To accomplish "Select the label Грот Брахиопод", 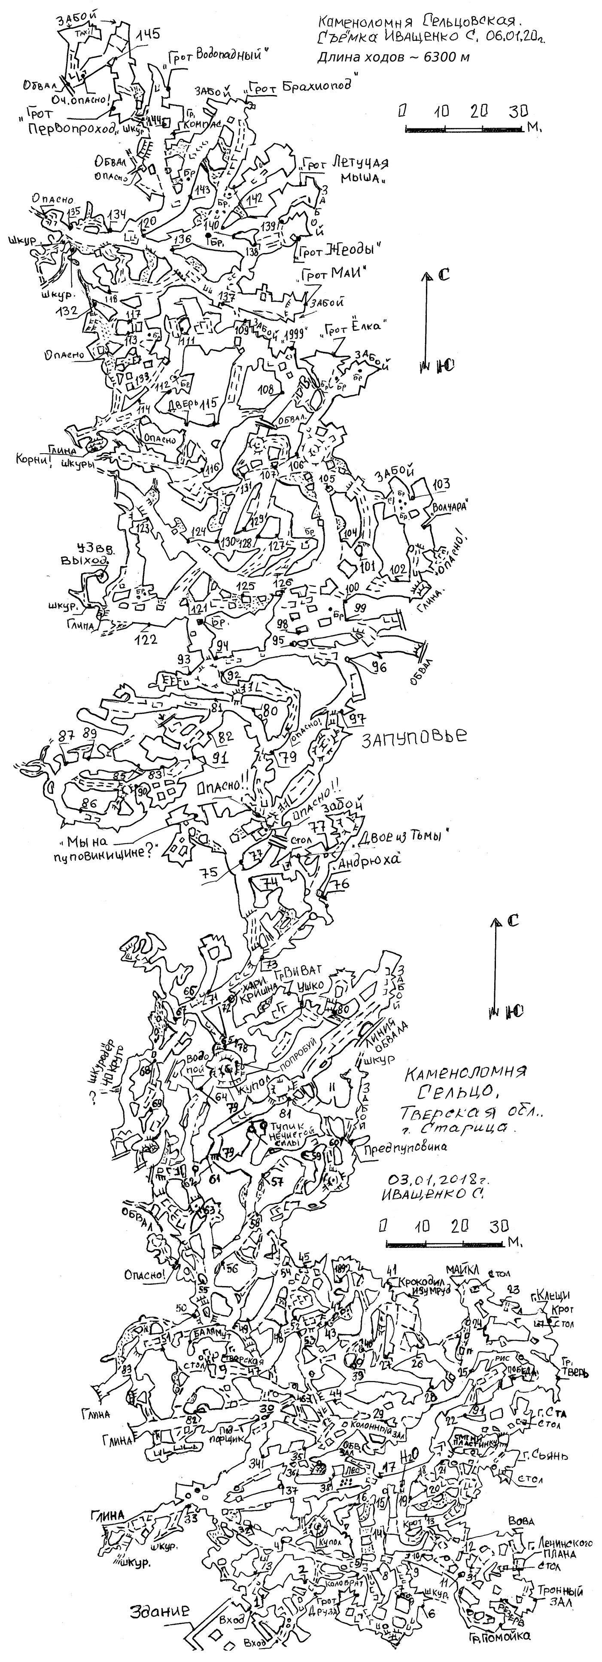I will [303, 88].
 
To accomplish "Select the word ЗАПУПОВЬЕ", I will [413, 737].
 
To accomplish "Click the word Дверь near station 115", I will [182, 405].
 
